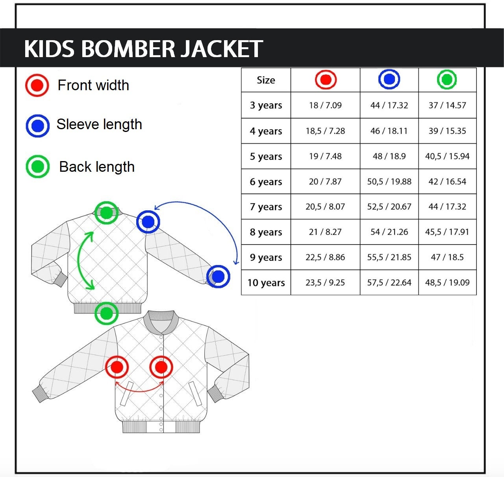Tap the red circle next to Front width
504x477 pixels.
37,85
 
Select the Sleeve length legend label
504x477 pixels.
99,124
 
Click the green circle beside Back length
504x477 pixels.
38,167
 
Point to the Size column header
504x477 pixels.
266,80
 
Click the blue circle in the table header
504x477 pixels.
389,79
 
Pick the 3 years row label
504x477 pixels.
266,105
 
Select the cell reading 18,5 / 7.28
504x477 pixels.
325,131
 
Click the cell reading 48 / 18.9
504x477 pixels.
389,156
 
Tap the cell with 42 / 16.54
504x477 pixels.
447,182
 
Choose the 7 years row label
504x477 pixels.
266,207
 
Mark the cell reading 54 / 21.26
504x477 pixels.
389,232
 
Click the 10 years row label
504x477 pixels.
266,282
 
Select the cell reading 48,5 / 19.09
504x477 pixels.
447,282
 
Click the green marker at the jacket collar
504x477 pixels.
106,213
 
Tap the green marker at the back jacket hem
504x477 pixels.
106,313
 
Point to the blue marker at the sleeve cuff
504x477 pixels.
218,277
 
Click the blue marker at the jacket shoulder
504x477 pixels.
148,222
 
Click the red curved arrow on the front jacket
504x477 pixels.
140,391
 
